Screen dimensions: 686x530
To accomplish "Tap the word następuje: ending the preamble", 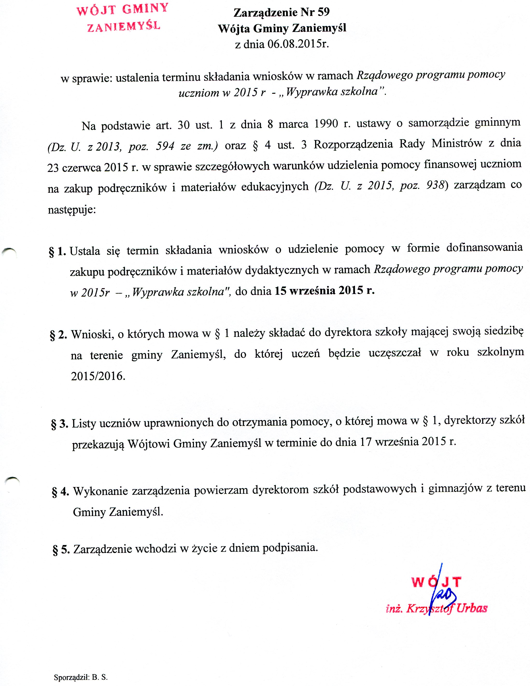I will [72, 209].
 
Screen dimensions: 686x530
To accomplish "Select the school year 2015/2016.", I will [98, 376].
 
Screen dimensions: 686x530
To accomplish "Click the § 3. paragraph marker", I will [60, 424].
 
